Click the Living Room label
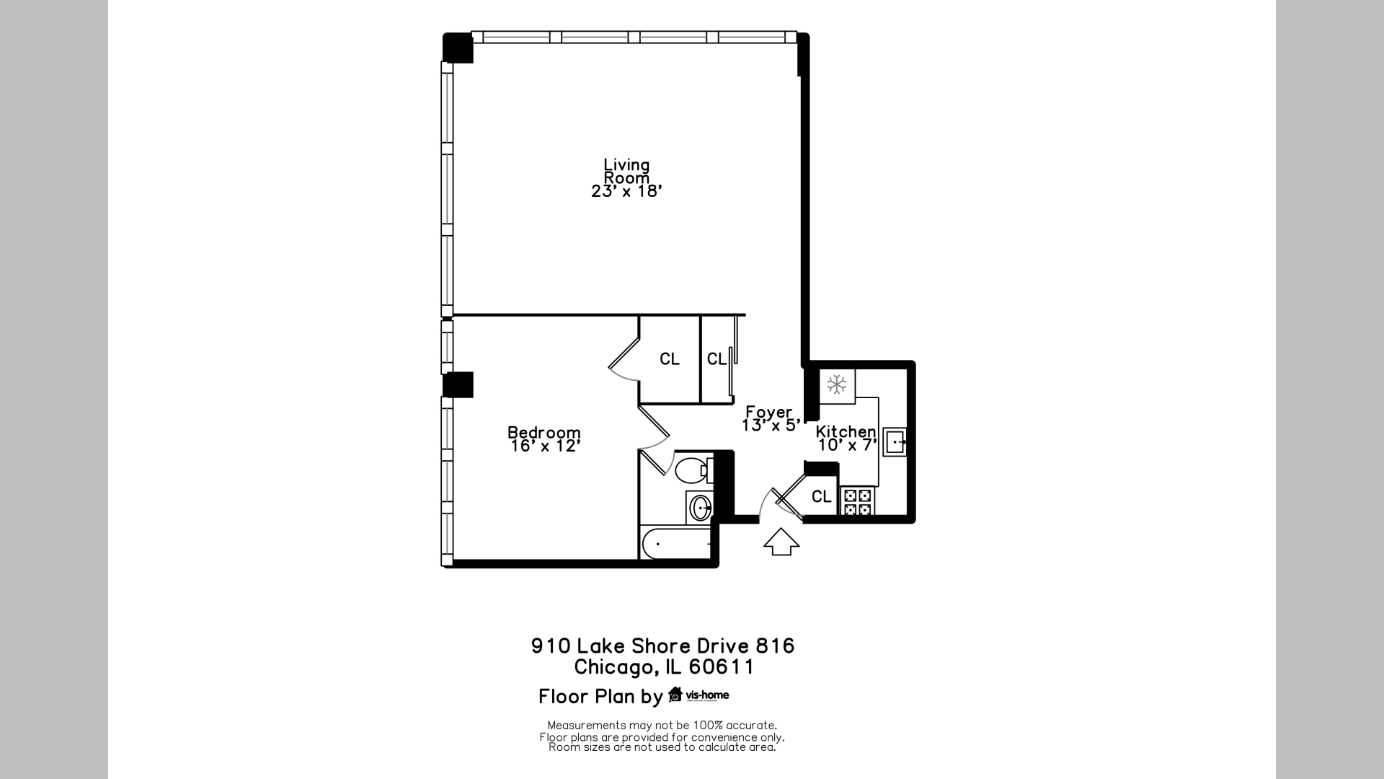626,171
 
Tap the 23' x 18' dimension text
626,191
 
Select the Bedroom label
544,432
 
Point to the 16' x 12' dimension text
545,446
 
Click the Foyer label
768,412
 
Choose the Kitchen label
846,431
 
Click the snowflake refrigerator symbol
837,384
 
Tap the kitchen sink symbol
895,441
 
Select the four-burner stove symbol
857,502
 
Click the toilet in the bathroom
692,470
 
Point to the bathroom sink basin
700,508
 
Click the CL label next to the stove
822,496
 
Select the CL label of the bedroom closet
670,358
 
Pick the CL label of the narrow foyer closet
717,358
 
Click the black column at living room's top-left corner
457,48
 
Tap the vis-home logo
698,695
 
